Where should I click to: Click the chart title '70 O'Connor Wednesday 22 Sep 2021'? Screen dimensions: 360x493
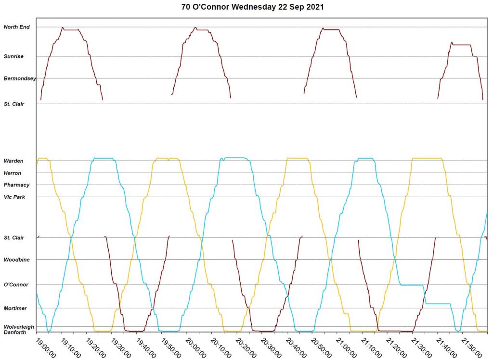(x=246, y=8)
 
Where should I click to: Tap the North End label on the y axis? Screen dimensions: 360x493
(x=17, y=27)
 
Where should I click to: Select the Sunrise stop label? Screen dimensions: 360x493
(x=13, y=56)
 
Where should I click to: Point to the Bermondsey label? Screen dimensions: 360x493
(x=19, y=78)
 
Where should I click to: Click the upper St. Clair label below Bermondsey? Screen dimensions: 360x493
(x=14, y=104)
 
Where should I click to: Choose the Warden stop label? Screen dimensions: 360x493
(x=13, y=161)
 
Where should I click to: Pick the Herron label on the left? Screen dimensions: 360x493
(x=13, y=173)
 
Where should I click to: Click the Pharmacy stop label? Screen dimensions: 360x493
(x=16, y=185)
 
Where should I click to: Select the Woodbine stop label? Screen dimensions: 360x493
(x=16, y=260)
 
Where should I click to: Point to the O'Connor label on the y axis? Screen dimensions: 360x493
(x=16, y=285)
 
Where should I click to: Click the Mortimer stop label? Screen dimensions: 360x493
(x=15, y=308)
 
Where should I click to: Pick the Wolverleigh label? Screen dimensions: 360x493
(x=19, y=327)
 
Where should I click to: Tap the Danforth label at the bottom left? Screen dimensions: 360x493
(x=15, y=333)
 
